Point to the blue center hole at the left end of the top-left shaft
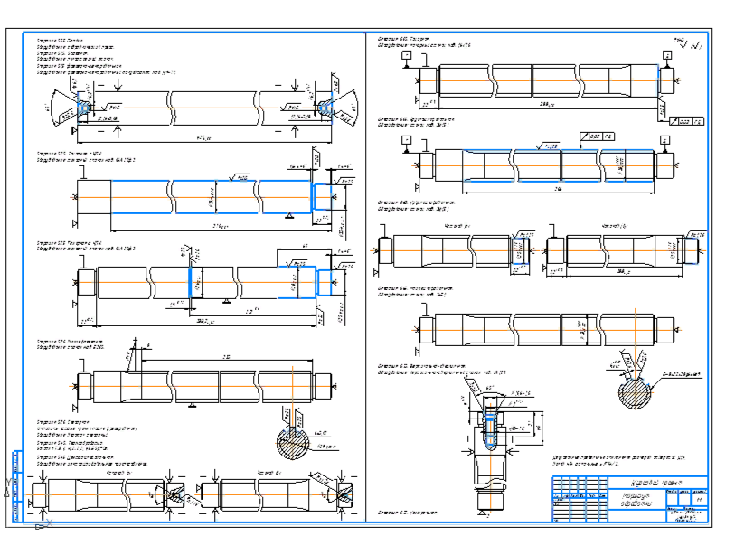click(x=83, y=106)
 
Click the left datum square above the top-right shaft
click(x=408, y=56)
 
